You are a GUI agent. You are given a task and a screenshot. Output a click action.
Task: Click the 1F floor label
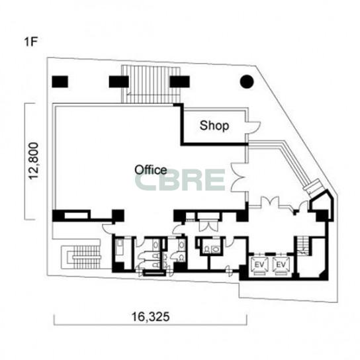pos(30,42)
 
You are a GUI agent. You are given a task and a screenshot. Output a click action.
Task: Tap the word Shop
pos(214,126)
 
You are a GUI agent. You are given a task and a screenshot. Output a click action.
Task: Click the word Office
pos(151,170)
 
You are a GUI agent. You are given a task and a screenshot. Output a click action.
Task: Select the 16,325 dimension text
pos(151,317)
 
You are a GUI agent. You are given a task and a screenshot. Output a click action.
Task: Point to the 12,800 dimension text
pos(34,161)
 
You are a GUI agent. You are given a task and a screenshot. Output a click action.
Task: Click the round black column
pos(247,81)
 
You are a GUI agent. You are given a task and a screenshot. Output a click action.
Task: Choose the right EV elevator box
pos(281,265)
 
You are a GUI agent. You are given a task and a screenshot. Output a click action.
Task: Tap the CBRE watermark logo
pos(179,180)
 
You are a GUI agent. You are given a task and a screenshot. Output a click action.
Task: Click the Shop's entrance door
pos(253,128)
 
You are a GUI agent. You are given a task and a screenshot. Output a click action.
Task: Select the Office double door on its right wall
pos(239,177)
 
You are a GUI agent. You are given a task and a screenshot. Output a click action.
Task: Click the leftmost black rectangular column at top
pos(60,82)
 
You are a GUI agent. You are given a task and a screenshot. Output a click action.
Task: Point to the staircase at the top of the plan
pos(151,84)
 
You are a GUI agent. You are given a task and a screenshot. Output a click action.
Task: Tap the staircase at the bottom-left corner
pos(81,257)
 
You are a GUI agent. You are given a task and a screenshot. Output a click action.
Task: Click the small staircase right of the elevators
pos(302,246)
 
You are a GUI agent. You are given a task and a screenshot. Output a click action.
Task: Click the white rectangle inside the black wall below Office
pos(76,216)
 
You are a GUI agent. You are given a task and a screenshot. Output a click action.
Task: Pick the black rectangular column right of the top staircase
pos(180,82)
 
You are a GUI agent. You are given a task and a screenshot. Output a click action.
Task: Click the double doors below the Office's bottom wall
pos(208,226)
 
